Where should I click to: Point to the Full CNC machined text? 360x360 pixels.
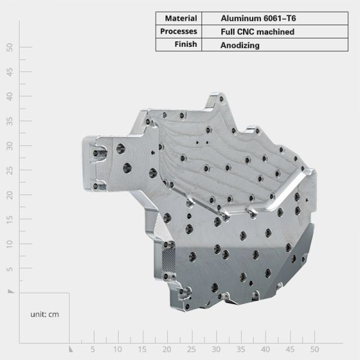(x=257, y=31)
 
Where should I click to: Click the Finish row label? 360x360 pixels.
(x=186, y=44)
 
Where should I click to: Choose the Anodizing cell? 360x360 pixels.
(x=240, y=44)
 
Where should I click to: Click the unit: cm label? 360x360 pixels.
(x=45, y=314)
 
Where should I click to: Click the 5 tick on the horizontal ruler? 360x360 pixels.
(x=93, y=349)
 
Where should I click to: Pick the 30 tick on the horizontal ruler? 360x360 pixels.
(x=216, y=349)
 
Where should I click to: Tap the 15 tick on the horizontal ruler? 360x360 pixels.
(x=142, y=349)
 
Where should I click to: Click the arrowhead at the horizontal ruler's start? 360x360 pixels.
(x=70, y=348)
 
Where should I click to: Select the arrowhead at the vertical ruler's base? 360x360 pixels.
(x=10, y=291)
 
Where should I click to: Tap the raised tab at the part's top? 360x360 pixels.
(x=217, y=100)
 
